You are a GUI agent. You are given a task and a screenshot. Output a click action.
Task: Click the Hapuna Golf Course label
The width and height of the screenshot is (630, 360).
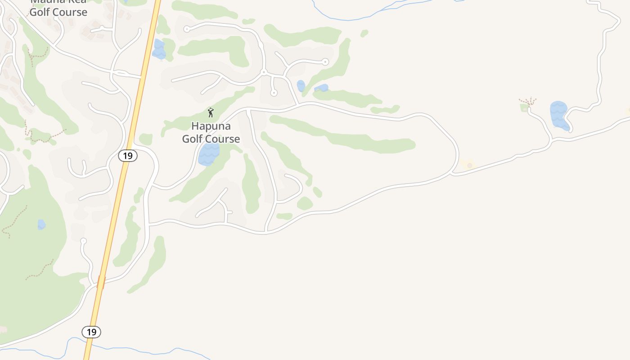pos(211,132)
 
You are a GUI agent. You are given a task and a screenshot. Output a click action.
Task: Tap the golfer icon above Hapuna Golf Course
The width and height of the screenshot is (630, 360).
pos(211,112)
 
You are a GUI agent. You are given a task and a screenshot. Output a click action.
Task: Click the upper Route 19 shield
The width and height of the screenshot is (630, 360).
pos(128,156)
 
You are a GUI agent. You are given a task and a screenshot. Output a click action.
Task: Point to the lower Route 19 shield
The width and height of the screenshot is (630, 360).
pos(91,332)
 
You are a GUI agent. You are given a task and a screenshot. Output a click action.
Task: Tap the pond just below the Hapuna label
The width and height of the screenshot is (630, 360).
pos(209,154)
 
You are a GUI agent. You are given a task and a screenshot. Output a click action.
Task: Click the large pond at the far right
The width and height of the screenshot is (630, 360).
pos(559,115)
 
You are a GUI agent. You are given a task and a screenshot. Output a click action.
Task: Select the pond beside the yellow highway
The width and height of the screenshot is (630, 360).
pos(158,49)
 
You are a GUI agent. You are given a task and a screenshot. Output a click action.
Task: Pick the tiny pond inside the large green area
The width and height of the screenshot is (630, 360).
pos(41,224)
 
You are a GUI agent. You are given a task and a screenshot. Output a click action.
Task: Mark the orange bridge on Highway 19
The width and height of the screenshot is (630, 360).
pos(101,282)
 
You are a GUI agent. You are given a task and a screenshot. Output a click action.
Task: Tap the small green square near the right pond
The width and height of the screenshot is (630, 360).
pos(524,108)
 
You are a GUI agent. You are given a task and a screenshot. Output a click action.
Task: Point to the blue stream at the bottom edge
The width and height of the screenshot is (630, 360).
pos(135,349)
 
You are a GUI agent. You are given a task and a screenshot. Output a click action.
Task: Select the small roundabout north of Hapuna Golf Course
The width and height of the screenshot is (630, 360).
pos(264,72)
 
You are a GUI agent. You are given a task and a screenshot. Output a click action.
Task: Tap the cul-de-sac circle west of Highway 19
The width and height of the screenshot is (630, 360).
pos(83,241)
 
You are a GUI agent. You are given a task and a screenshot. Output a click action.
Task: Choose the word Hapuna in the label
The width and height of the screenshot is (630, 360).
pos(211,126)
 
